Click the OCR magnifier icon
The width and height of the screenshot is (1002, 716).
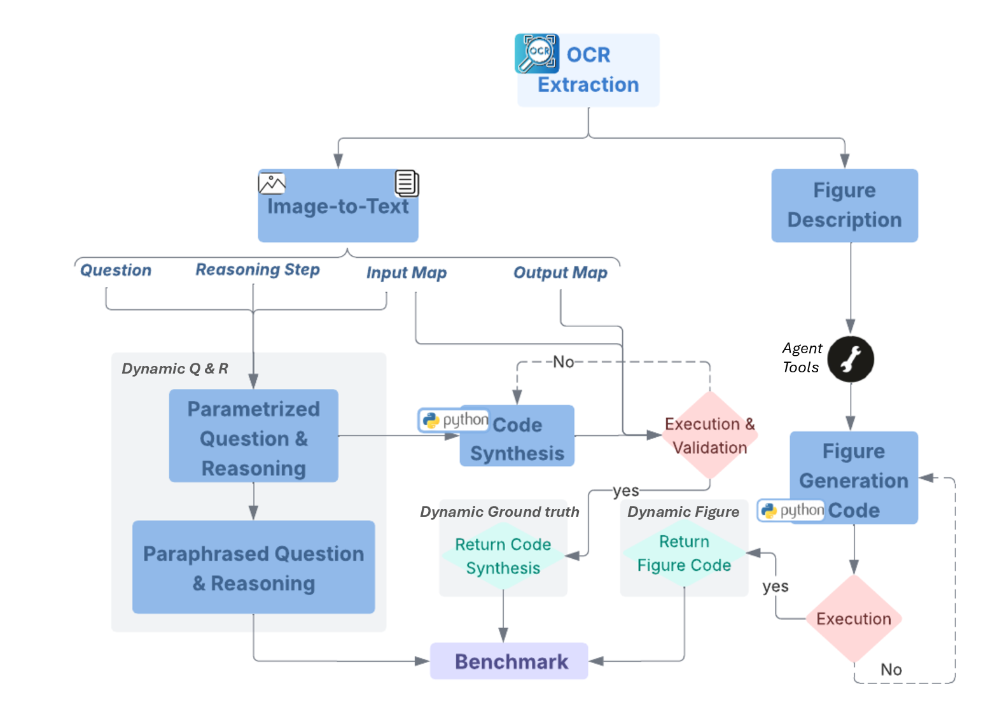pyautogui.click(x=536, y=53)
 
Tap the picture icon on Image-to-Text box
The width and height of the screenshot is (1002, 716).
pyautogui.click(x=272, y=183)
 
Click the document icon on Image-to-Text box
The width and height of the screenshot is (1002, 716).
pyautogui.click(x=407, y=183)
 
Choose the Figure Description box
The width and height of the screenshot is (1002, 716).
pyautogui.click(x=844, y=205)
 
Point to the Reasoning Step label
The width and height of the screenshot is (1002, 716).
pyautogui.click(x=257, y=269)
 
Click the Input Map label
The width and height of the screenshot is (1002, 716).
pyautogui.click(x=406, y=272)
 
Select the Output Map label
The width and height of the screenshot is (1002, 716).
pyautogui.click(x=560, y=272)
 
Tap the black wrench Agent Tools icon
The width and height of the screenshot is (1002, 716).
pyautogui.click(x=850, y=359)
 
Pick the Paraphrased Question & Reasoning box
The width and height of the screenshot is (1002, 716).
pyautogui.click(x=253, y=567)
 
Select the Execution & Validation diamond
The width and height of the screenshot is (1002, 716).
pyautogui.click(x=709, y=435)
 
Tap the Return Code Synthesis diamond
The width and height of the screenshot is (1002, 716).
pyautogui.click(x=503, y=556)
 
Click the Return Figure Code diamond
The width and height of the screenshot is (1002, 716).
pyautogui.click(x=684, y=553)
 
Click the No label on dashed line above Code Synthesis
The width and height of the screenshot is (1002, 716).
pyautogui.click(x=563, y=362)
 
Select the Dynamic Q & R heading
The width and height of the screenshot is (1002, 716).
pyautogui.click(x=175, y=369)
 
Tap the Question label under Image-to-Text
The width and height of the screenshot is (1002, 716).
pyautogui.click(x=116, y=270)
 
